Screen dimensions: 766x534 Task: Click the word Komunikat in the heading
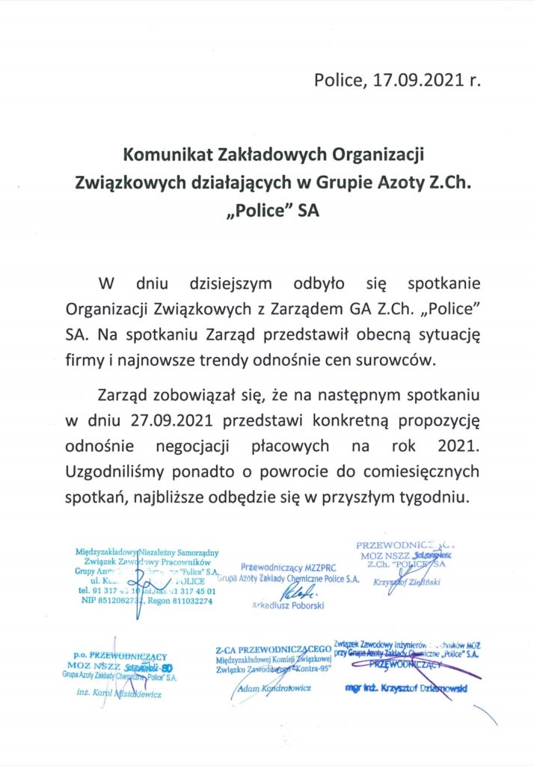(171, 155)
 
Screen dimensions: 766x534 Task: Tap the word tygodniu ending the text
(434, 496)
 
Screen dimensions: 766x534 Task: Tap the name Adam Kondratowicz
(277, 687)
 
